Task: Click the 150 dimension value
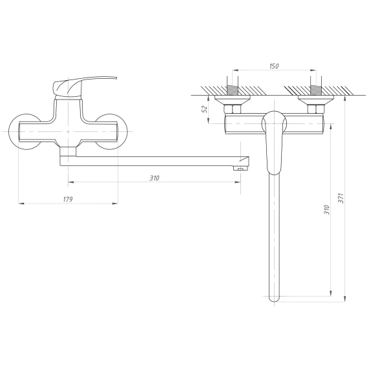[x=274, y=67]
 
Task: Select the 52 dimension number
[x=205, y=109]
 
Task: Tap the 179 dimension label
[x=68, y=199]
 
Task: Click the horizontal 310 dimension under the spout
[x=154, y=178]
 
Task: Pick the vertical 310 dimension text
[x=326, y=210]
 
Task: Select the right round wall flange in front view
[x=120, y=140]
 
